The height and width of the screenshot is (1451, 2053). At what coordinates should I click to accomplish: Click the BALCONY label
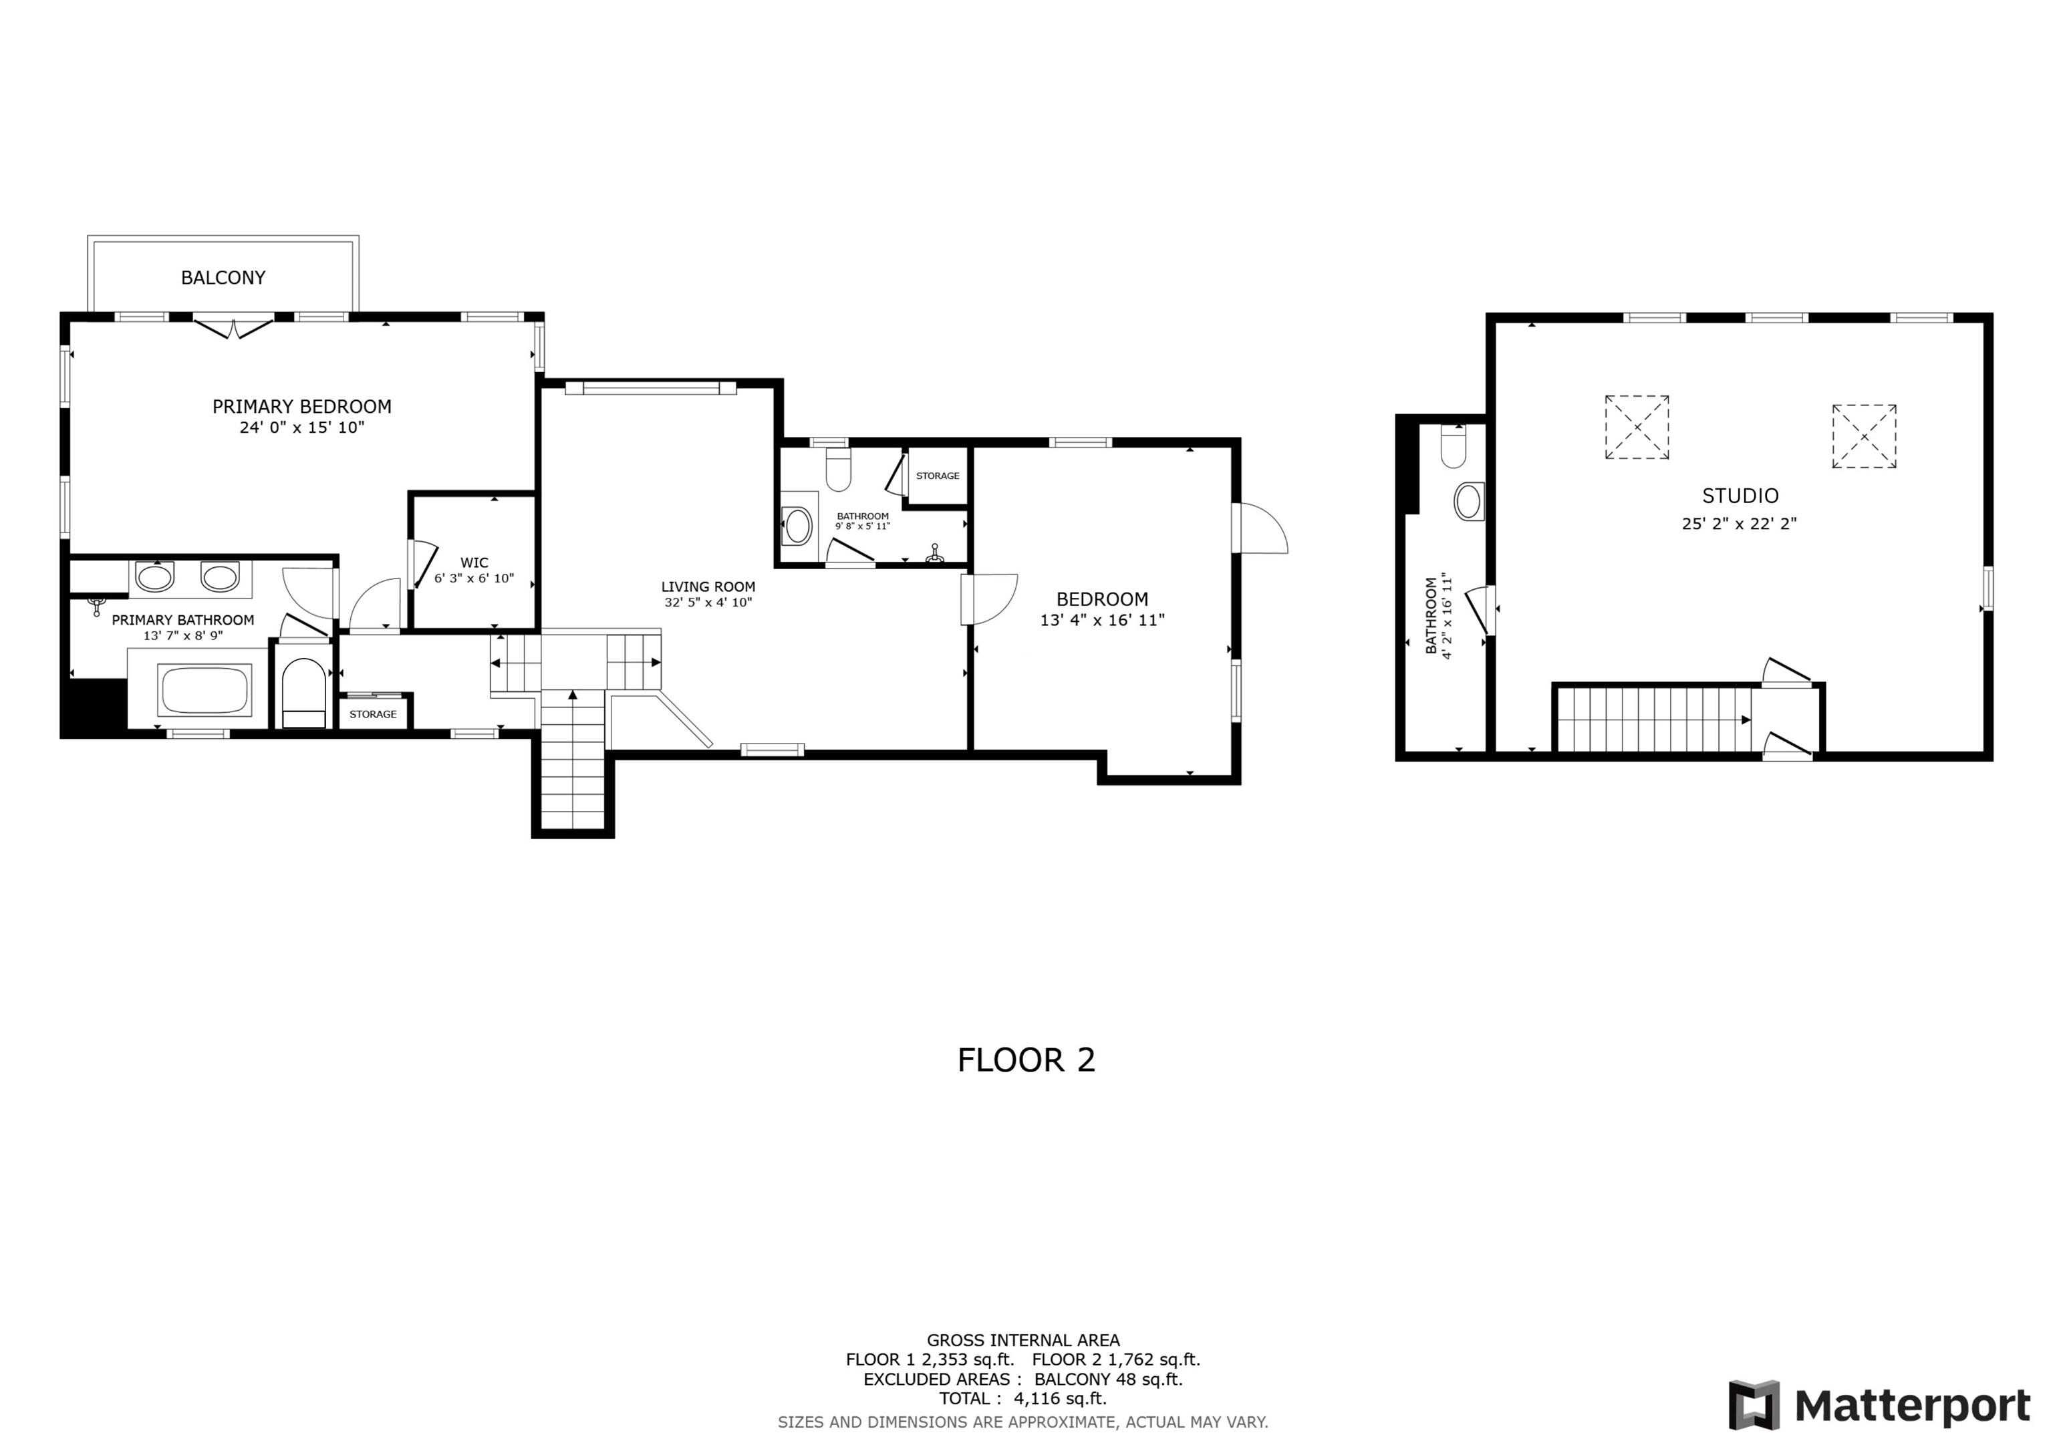click(223, 278)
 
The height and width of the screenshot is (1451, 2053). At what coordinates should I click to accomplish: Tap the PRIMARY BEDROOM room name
click(301, 407)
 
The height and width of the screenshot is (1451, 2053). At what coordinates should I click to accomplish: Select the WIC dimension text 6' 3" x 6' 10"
click(474, 579)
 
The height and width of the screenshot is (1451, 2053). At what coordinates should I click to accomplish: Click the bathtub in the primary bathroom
click(204, 689)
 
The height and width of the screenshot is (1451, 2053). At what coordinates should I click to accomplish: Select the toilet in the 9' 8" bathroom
click(838, 470)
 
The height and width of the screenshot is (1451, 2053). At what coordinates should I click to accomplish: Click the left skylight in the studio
click(1637, 428)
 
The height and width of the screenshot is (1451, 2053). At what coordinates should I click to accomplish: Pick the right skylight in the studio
click(1865, 436)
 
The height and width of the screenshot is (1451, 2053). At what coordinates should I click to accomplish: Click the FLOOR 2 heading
click(1026, 1060)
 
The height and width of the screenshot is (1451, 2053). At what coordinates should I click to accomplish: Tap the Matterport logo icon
click(1754, 1406)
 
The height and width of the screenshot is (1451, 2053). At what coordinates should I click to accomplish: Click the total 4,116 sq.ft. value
click(1060, 1398)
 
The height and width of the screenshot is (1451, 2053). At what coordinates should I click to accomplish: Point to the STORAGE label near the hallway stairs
click(373, 714)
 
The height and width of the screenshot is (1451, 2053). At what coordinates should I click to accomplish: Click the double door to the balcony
click(233, 327)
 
